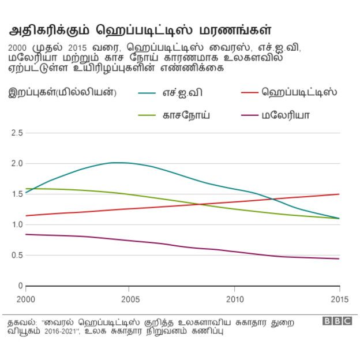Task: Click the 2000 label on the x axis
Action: coord(26,299)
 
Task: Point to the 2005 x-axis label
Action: coord(130,299)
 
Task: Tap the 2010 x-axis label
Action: coord(235,299)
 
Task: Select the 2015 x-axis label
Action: coord(339,299)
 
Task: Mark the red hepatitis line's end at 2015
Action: coord(339,194)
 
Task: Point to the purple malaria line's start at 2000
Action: coord(27,234)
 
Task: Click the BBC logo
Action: coord(336,321)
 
